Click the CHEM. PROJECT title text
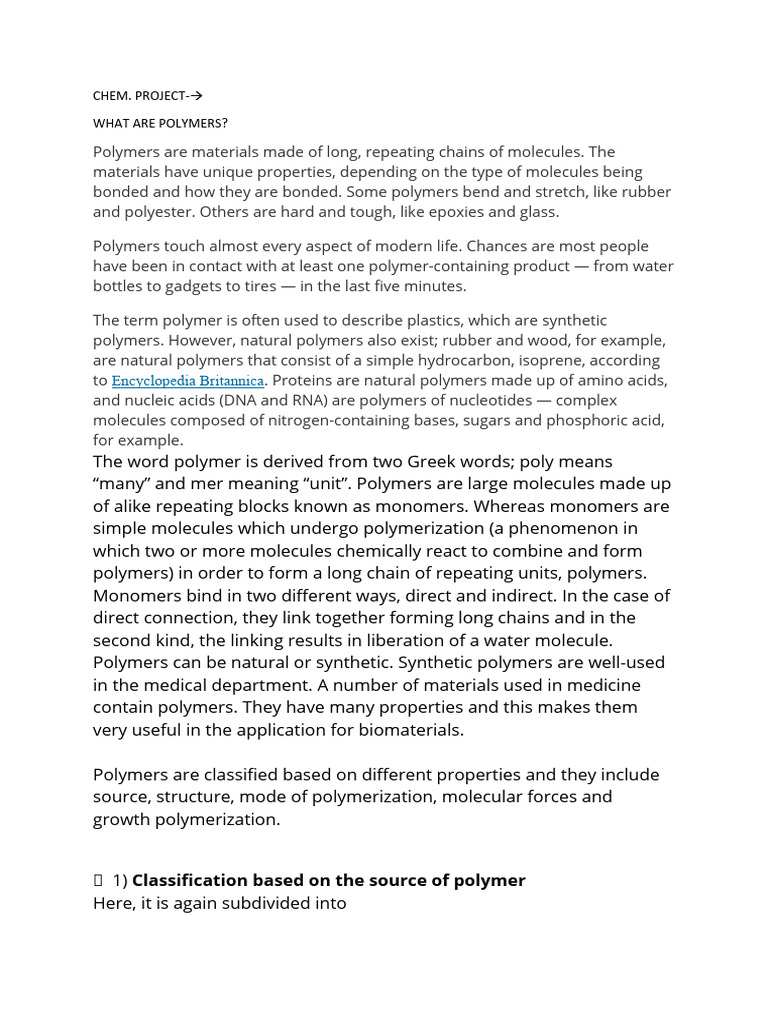[139, 96]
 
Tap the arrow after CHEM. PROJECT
[196, 96]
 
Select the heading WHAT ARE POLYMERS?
[160, 123]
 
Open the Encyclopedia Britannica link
[188, 380]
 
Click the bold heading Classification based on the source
[328, 880]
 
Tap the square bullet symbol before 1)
[98, 881]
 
